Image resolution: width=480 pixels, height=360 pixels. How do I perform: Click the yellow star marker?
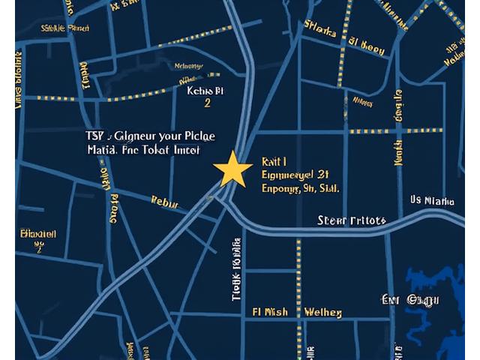[232, 169]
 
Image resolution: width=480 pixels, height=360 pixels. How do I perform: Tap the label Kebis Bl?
[204, 91]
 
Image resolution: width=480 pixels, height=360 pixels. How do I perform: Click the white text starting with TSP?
[151, 136]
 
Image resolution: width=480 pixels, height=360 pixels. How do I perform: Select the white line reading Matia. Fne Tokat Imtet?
[144, 150]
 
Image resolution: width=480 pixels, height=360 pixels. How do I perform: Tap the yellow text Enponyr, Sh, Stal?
[300, 188]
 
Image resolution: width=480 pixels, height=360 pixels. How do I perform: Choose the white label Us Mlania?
[433, 201]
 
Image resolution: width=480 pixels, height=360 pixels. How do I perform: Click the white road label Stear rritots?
[352, 220]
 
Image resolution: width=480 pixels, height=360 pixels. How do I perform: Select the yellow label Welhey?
[323, 311]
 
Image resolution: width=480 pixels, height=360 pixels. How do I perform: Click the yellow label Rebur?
[165, 201]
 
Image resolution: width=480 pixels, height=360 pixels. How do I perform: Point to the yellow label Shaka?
[320, 28]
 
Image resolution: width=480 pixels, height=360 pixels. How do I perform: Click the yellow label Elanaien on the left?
[38, 234]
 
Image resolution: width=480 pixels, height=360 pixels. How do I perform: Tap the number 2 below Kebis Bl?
[208, 104]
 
